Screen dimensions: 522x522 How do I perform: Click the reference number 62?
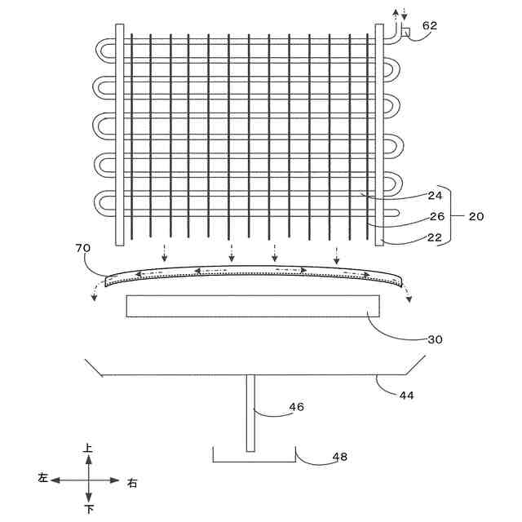pos(430,25)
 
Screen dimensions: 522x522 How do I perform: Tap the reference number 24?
pos(435,195)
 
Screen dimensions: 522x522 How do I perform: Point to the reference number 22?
pos(435,237)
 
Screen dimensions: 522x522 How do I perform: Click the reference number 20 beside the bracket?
pos(476,216)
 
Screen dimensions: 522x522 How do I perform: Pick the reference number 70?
pos(82,246)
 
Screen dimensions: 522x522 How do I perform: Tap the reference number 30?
pos(435,338)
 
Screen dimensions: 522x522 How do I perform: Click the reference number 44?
pos(406,395)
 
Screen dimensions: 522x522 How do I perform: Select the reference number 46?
pos(297,406)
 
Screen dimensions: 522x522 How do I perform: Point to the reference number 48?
pos(339,457)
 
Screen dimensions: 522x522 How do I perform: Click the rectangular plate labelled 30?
pos(253,305)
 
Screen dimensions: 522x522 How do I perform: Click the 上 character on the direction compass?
pos(88,449)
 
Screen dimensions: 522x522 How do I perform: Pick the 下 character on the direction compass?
pos(88,509)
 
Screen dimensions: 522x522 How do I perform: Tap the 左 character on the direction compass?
pos(43,479)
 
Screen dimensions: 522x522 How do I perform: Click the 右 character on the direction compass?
pos(133,483)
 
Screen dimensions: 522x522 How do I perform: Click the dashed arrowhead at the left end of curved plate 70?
pos(94,296)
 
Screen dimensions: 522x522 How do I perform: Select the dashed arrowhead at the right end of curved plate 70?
pos(409,297)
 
